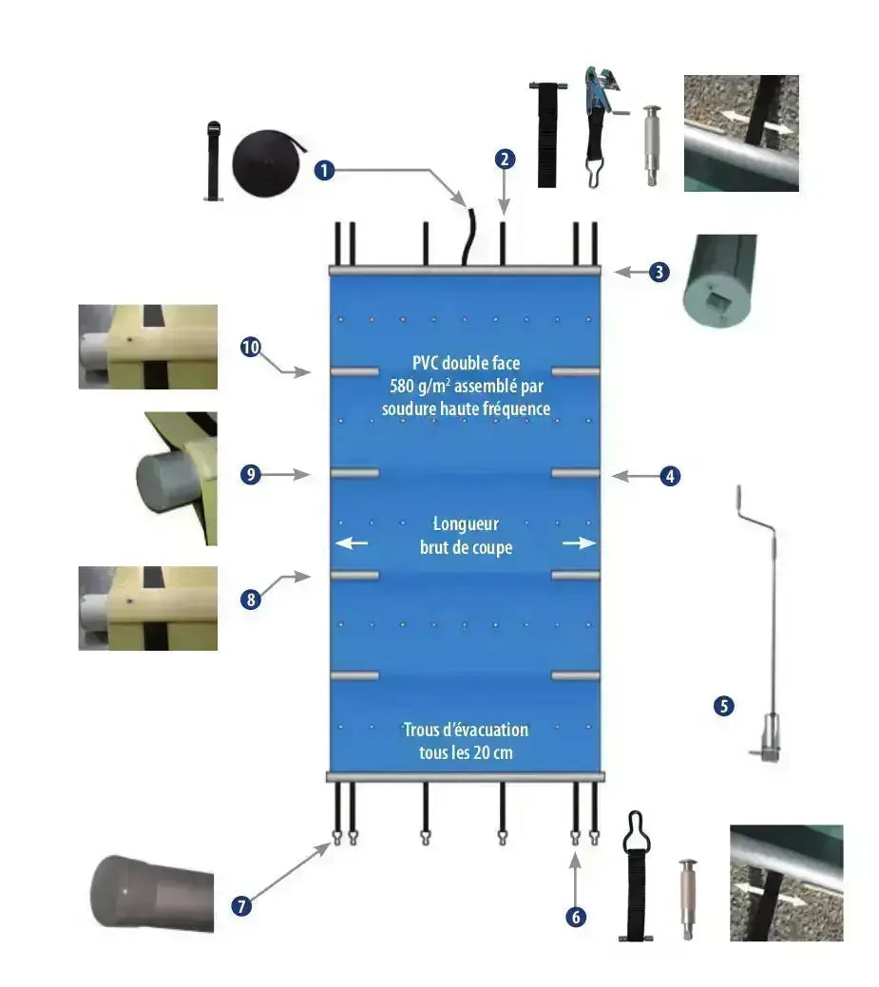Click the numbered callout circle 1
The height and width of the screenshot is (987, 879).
tap(325, 171)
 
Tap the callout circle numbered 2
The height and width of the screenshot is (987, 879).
tap(505, 160)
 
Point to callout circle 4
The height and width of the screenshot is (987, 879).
tap(671, 476)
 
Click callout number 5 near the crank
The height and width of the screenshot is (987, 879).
tap(724, 706)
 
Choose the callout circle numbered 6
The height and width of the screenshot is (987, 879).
tap(575, 916)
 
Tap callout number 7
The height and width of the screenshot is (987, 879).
tap(242, 905)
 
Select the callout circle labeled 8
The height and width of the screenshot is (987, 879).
tap(251, 599)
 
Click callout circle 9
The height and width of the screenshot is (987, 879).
tap(251, 475)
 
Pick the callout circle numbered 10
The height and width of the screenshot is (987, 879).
tap(251, 348)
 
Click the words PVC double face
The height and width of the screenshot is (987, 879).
tap(467, 362)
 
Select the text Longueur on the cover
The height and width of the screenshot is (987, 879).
tap(466, 523)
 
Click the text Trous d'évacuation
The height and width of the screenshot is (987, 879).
tap(466, 730)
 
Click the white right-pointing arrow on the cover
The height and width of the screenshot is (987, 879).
tap(580, 542)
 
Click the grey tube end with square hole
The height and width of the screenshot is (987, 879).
tap(719, 281)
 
